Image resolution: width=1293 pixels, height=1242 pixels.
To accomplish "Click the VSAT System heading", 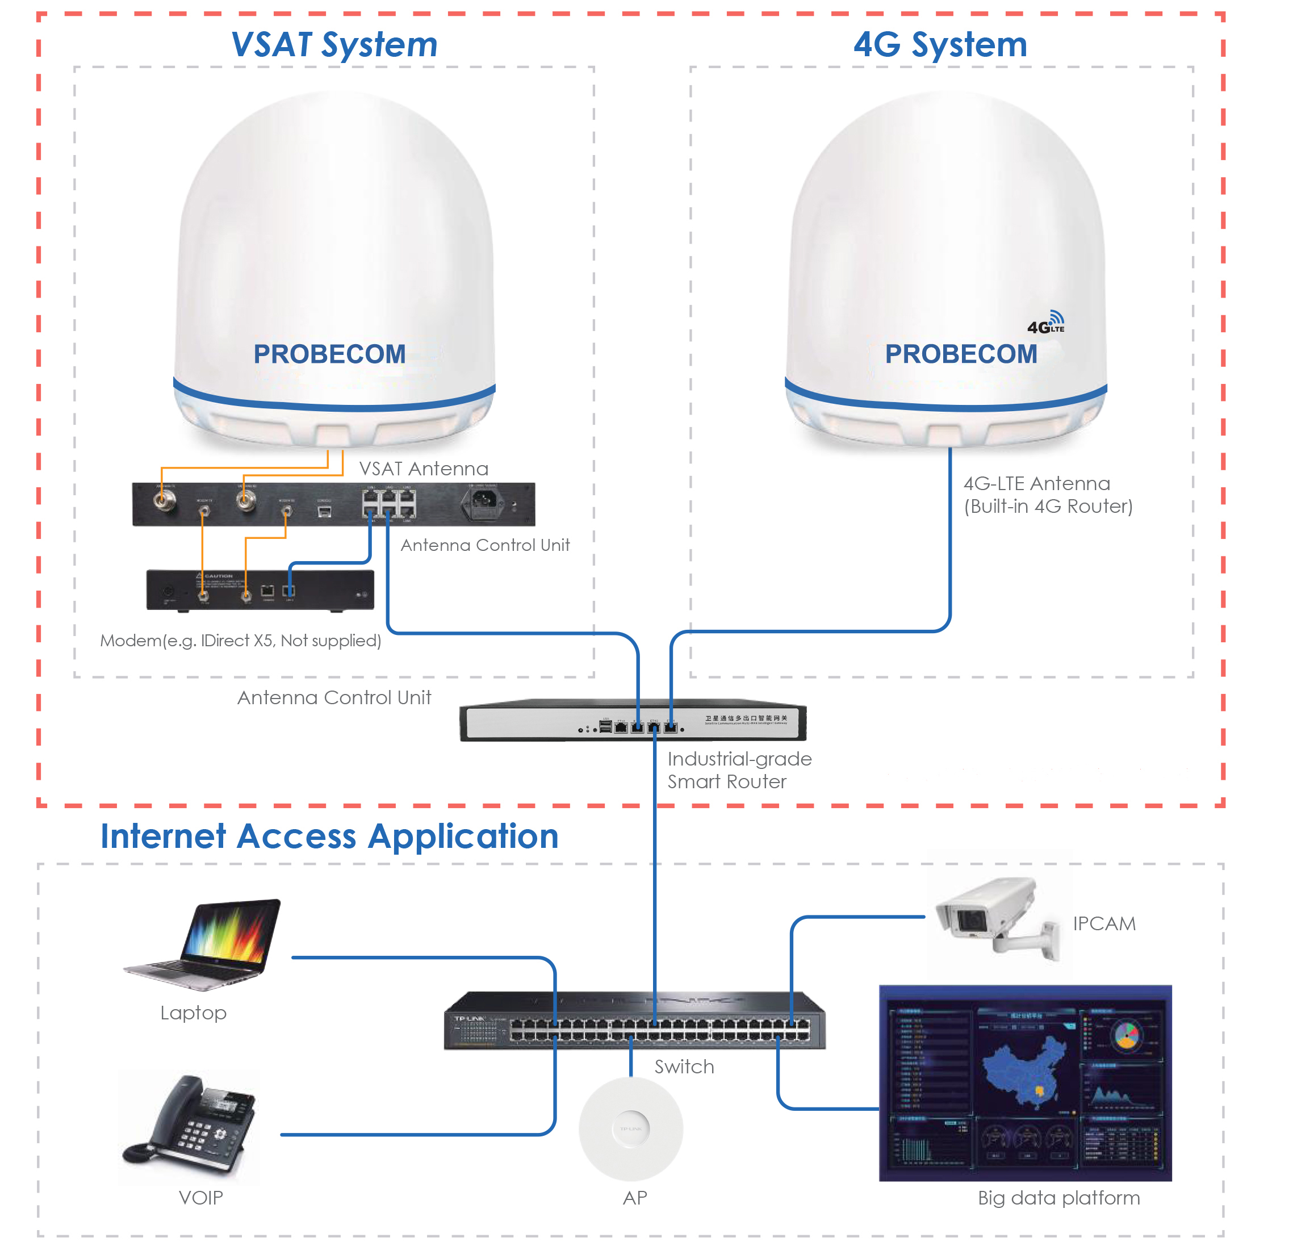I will [x=334, y=45].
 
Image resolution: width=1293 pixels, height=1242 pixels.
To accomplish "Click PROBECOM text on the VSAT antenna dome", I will [x=329, y=354].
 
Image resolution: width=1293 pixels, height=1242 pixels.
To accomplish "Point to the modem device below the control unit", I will [x=260, y=589].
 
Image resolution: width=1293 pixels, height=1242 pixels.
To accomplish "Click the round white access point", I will [x=631, y=1129].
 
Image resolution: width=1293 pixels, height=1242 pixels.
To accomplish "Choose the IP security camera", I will [x=996, y=914].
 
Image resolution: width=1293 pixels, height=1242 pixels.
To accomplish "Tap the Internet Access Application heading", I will [x=329, y=836].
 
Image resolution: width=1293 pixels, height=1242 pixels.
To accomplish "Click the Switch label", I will [x=684, y=1067].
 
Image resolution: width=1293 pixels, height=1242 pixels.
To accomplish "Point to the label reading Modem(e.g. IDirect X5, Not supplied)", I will [x=240, y=641].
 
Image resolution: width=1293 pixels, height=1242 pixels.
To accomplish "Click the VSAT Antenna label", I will [x=424, y=469].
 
